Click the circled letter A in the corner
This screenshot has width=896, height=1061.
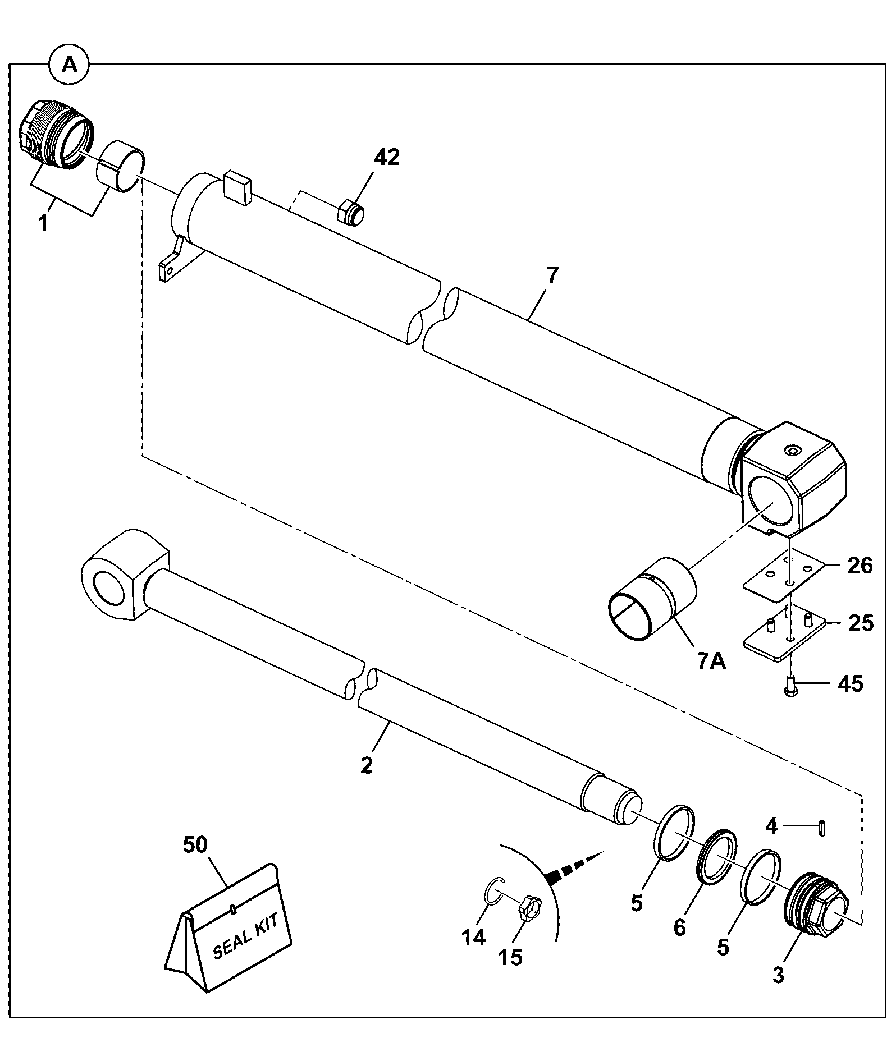click(x=69, y=66)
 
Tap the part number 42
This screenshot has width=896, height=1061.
click(x=387, y=158)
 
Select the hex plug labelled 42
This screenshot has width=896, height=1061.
click(x=350, y=213)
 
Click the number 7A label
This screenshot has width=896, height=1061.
click(x=712, y=662)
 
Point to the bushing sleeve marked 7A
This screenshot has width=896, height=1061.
click(x=652, y=599)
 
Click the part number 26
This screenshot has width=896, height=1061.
click(x=859, y=566)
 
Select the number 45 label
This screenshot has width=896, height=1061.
click(x=849, y=684)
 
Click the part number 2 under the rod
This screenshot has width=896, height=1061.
click(x=367, y=765)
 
